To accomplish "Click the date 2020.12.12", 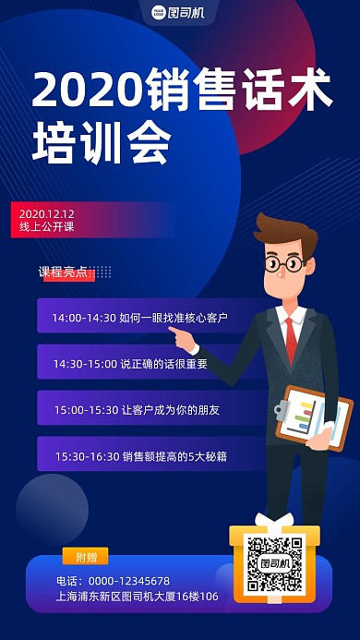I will tap(46, 213).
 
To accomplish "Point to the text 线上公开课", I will tap(46, 226).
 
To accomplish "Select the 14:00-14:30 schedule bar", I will tap(138, 317).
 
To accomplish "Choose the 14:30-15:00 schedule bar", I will tap(138, 363).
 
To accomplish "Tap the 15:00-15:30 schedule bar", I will tap(138, 409).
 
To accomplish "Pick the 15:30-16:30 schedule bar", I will tap(138, 455).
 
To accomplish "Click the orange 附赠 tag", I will tap(85, 556).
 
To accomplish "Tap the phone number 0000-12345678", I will tap(113, 580).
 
